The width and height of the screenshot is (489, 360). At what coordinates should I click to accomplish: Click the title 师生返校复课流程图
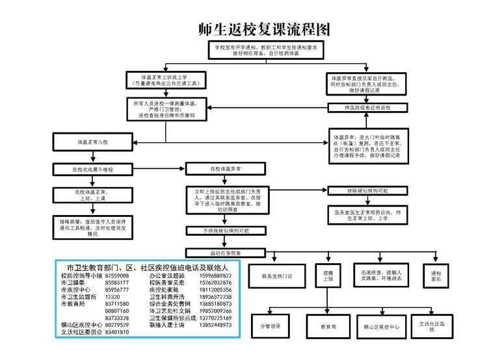click(x=265, y=29)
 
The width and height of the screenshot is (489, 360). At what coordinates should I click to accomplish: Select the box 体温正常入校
click(x=94, y=141)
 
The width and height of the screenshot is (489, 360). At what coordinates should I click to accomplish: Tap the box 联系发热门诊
click(x=277, y=276)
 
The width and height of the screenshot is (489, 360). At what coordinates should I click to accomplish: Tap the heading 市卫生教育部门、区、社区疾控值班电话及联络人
click(x=148, y=267)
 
